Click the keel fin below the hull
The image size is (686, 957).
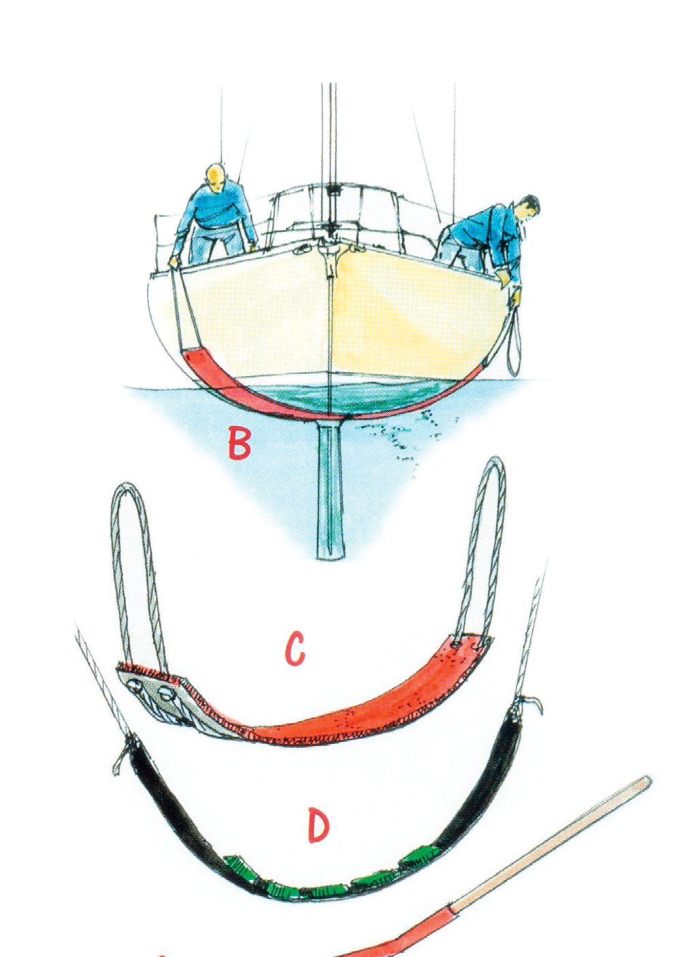[330, 490]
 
